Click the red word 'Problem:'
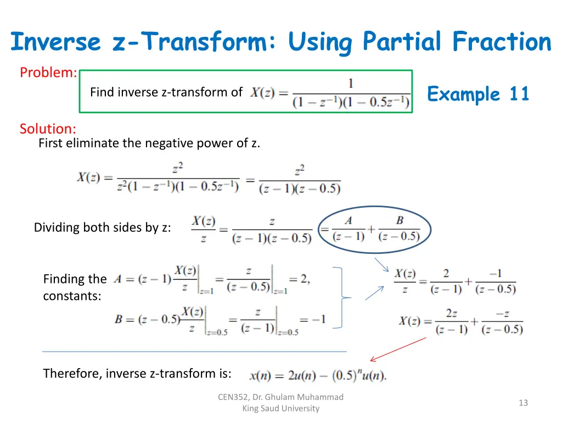pos(48,73)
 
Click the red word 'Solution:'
pos(48,129)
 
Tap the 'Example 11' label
pos(478,94)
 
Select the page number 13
pos(523,403)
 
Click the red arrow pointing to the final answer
pos(398,349)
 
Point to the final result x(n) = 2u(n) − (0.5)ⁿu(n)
pos(318,375)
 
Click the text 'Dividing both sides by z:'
pos(102,227)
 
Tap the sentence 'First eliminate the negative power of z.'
pos(149,143)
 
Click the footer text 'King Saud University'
pos(280,408)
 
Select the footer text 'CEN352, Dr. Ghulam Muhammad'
pos(280,397)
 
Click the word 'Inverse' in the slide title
pos(56,42)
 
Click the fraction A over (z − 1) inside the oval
pos(348,229)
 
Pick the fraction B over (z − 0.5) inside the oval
pos(399,229)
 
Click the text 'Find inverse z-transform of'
pos(166,92)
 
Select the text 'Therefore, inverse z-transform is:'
pos(137,374)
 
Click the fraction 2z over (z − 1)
pos(451,321)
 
